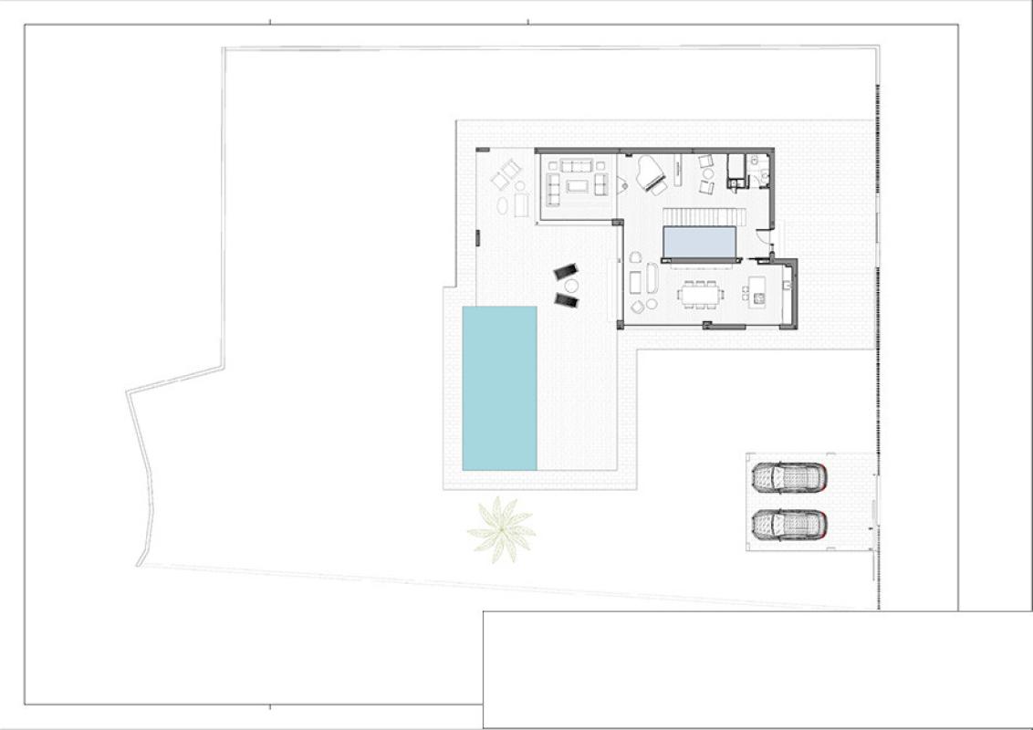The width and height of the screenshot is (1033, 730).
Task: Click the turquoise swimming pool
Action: pyautogui.click(x=499, y=388)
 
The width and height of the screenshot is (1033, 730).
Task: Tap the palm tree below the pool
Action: pyautogui.click(x=500, y=530)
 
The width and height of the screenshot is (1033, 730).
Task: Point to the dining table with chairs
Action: pyautogui.click(x=700, y=294)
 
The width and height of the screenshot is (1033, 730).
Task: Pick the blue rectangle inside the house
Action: pyautogui.click(x=700, y=243)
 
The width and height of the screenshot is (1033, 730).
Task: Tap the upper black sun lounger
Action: pyautogui.click(x=566, y=272)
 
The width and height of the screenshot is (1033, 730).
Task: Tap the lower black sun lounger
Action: pyautogui.click(x=567, y=299)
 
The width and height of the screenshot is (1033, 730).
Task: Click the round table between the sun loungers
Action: pyautogui.click(x=571, y=286)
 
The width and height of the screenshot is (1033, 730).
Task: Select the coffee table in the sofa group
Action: pyautogui.click(x=578, y=185)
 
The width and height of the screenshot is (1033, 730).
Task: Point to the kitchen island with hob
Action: pyautogui.click(x=756, y=292)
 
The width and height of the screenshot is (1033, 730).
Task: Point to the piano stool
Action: pyautogui.click(x=659, y=191)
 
